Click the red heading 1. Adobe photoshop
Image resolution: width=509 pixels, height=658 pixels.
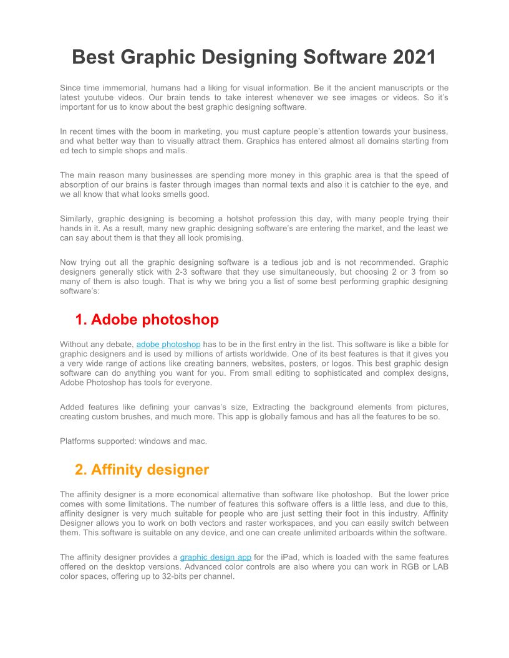[x=147, y=320]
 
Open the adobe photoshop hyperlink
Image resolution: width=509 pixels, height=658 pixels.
[x=168, y=345]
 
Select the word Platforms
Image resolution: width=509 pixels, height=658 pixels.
[x=77, y=441]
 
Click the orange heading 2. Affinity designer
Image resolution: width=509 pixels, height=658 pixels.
[x=142, y=469]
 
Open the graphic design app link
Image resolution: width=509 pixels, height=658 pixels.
[x=216, y=557]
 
